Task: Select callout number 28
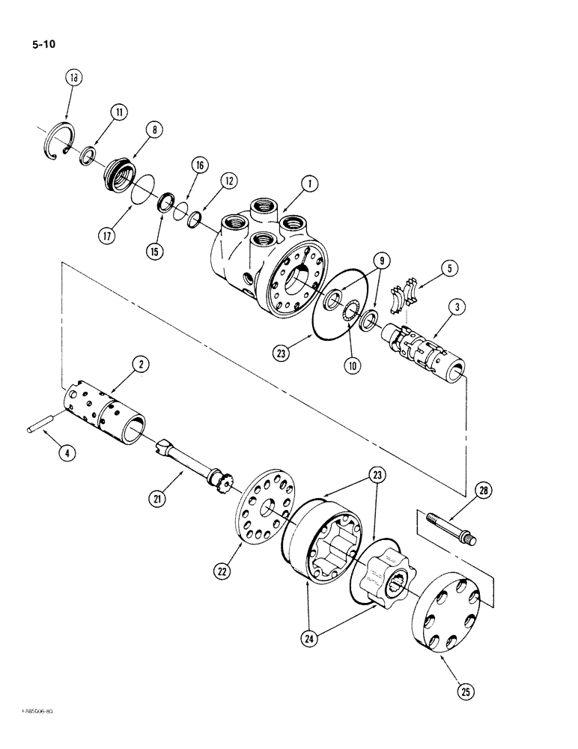(x=484, y=491)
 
